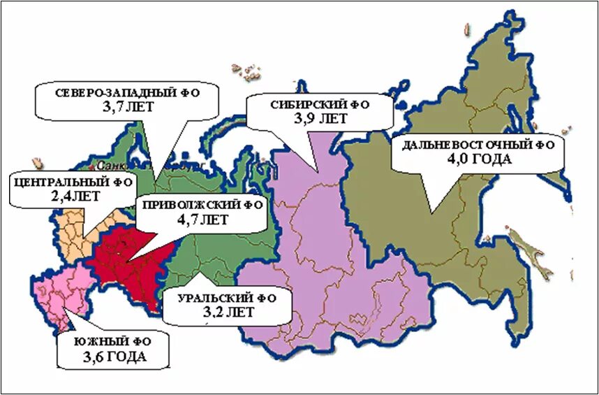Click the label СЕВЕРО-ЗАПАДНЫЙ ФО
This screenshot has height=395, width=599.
pyautogui.click(x=126, y=92)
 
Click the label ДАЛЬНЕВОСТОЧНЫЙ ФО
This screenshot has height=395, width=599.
pyautogui.click(x=479, y=145)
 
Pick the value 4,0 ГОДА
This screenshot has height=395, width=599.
pyautogui.click(x=479, y=159)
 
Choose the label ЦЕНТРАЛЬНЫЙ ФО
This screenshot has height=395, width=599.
pyautogui.click(x=72, y=182)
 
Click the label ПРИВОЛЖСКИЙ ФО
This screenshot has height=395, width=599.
pyautogui.click(x=201, y=205)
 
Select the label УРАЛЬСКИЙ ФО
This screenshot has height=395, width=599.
pyautogui.click(x=226, y=298)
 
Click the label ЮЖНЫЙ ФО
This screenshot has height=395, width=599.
pyautogui.click(x=113, y=343)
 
